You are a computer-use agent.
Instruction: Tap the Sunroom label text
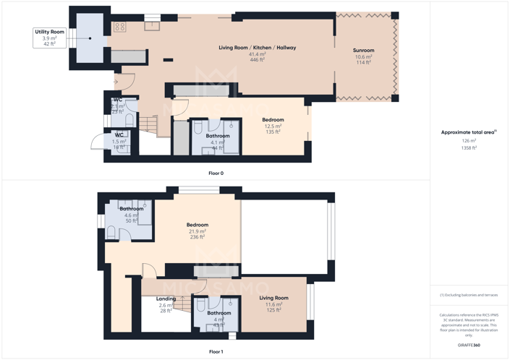tap(363, 51)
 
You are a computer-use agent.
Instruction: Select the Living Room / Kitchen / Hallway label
tap(258, 48)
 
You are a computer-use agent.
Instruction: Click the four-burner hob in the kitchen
tap(120, 27)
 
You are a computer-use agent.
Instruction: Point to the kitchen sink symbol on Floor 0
tap(152, 26)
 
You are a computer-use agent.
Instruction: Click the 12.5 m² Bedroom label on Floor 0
tap(273, 120)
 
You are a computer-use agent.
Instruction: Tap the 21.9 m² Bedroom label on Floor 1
tap(197, 225)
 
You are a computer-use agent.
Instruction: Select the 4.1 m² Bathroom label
tap(218, 136)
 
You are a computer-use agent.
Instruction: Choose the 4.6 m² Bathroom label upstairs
tap(132, 209)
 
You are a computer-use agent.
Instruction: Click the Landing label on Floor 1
tap(166, 299)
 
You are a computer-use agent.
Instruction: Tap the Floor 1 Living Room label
tap(273, 298)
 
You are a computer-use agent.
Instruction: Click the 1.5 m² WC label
tap(119, 135)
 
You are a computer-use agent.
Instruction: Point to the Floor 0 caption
tap(216, 173)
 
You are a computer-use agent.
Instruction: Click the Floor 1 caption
tap(216, 351)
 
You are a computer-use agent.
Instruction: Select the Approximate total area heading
tap(469, 132)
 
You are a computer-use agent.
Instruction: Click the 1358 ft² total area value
tap(469, 147)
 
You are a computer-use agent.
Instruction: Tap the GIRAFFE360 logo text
tap(469, 346)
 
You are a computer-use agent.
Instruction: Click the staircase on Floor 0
tap(148, 124)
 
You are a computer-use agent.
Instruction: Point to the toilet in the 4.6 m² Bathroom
tap(111, 232)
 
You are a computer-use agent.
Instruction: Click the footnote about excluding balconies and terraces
tap(469, 295)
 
